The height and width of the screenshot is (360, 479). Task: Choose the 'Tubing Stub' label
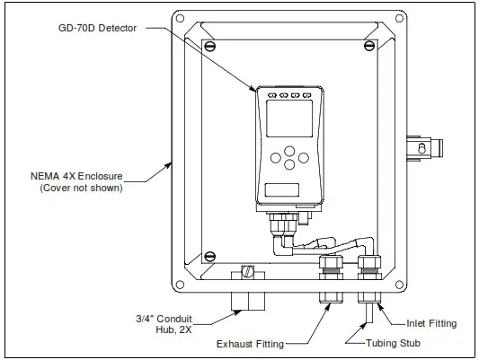pyautogui.click(x=397, y=342)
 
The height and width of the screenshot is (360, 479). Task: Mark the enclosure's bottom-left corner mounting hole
pyautogui.click(x=180, y=285)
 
